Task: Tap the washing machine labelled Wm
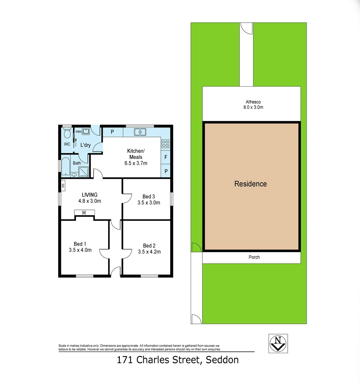coord(86,132)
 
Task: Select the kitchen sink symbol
coord(140,132)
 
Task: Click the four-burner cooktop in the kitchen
coord(165,144)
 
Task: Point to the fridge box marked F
coord(165,157)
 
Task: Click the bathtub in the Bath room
coord(66,166)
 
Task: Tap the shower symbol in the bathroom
coord(84,172)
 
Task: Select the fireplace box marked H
coord(84,213)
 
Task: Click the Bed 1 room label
coord(80,244)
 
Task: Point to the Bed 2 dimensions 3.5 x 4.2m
coord(149,252)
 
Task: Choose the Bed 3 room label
coord(148,196)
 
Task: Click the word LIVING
coord(90,195)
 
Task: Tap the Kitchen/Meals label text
coord(136,154)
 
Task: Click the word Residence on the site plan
coord(251,184)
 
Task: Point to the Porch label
coord(254,257)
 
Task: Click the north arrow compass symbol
coord(278,343)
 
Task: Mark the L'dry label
coord(85,145)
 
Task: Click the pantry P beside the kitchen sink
coord(112,132)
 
